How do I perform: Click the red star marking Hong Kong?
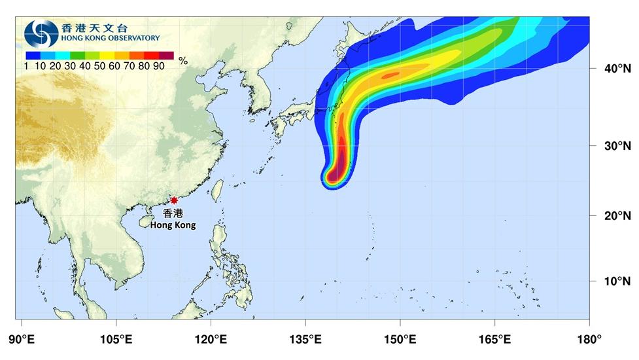[174, 200]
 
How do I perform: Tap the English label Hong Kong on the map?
[173, 225]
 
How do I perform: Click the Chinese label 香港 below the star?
[173, 213]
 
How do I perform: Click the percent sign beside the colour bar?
[183, 61]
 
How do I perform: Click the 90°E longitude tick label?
[22, 340]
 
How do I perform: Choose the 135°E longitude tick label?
[305, 340]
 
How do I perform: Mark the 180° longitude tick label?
[589, 340]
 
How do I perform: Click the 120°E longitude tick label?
[211, 340]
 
